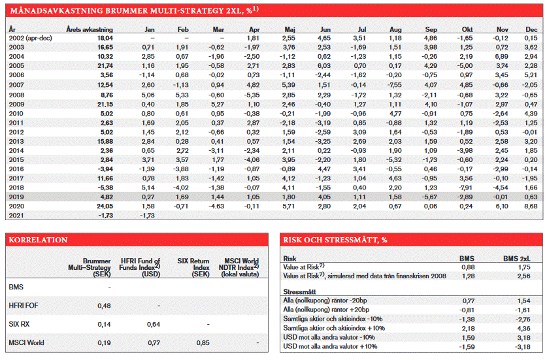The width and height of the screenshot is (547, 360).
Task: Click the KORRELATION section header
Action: click(x=38, y=240)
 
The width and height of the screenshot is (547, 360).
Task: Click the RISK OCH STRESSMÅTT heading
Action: click(x=335, y=240)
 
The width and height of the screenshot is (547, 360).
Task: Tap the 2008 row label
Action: click(x=16, y=94)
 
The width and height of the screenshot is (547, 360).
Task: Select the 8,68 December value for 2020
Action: click(x=531, y=205)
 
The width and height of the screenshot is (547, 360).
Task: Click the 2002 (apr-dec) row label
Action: click(x=31, y=39)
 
